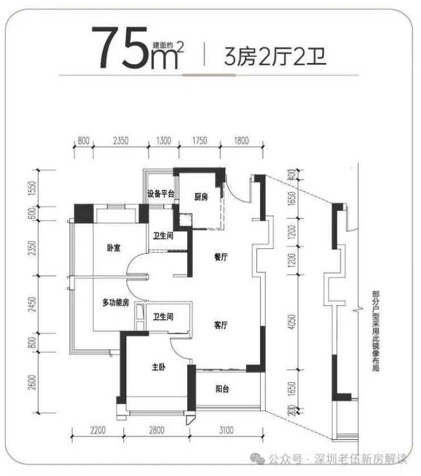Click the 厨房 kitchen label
tap(201, 197)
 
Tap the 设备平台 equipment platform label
tap(161, 194)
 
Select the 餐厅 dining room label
tap(221, 257)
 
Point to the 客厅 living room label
tap(221, 325)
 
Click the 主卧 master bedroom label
tap(159, 367)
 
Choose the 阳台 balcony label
tap(222, 389)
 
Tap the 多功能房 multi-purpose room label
tap(115, 302)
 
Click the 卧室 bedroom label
tap(114, 248)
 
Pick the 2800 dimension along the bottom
tap(156, 430)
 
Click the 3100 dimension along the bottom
tap(226, 430)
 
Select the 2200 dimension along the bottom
tap(98, 430)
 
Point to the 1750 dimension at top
tap(199, 140)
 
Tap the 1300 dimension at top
tap(163, 140)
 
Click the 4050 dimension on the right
tap(291, 322)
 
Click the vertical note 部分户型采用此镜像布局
tap(375, 331)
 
